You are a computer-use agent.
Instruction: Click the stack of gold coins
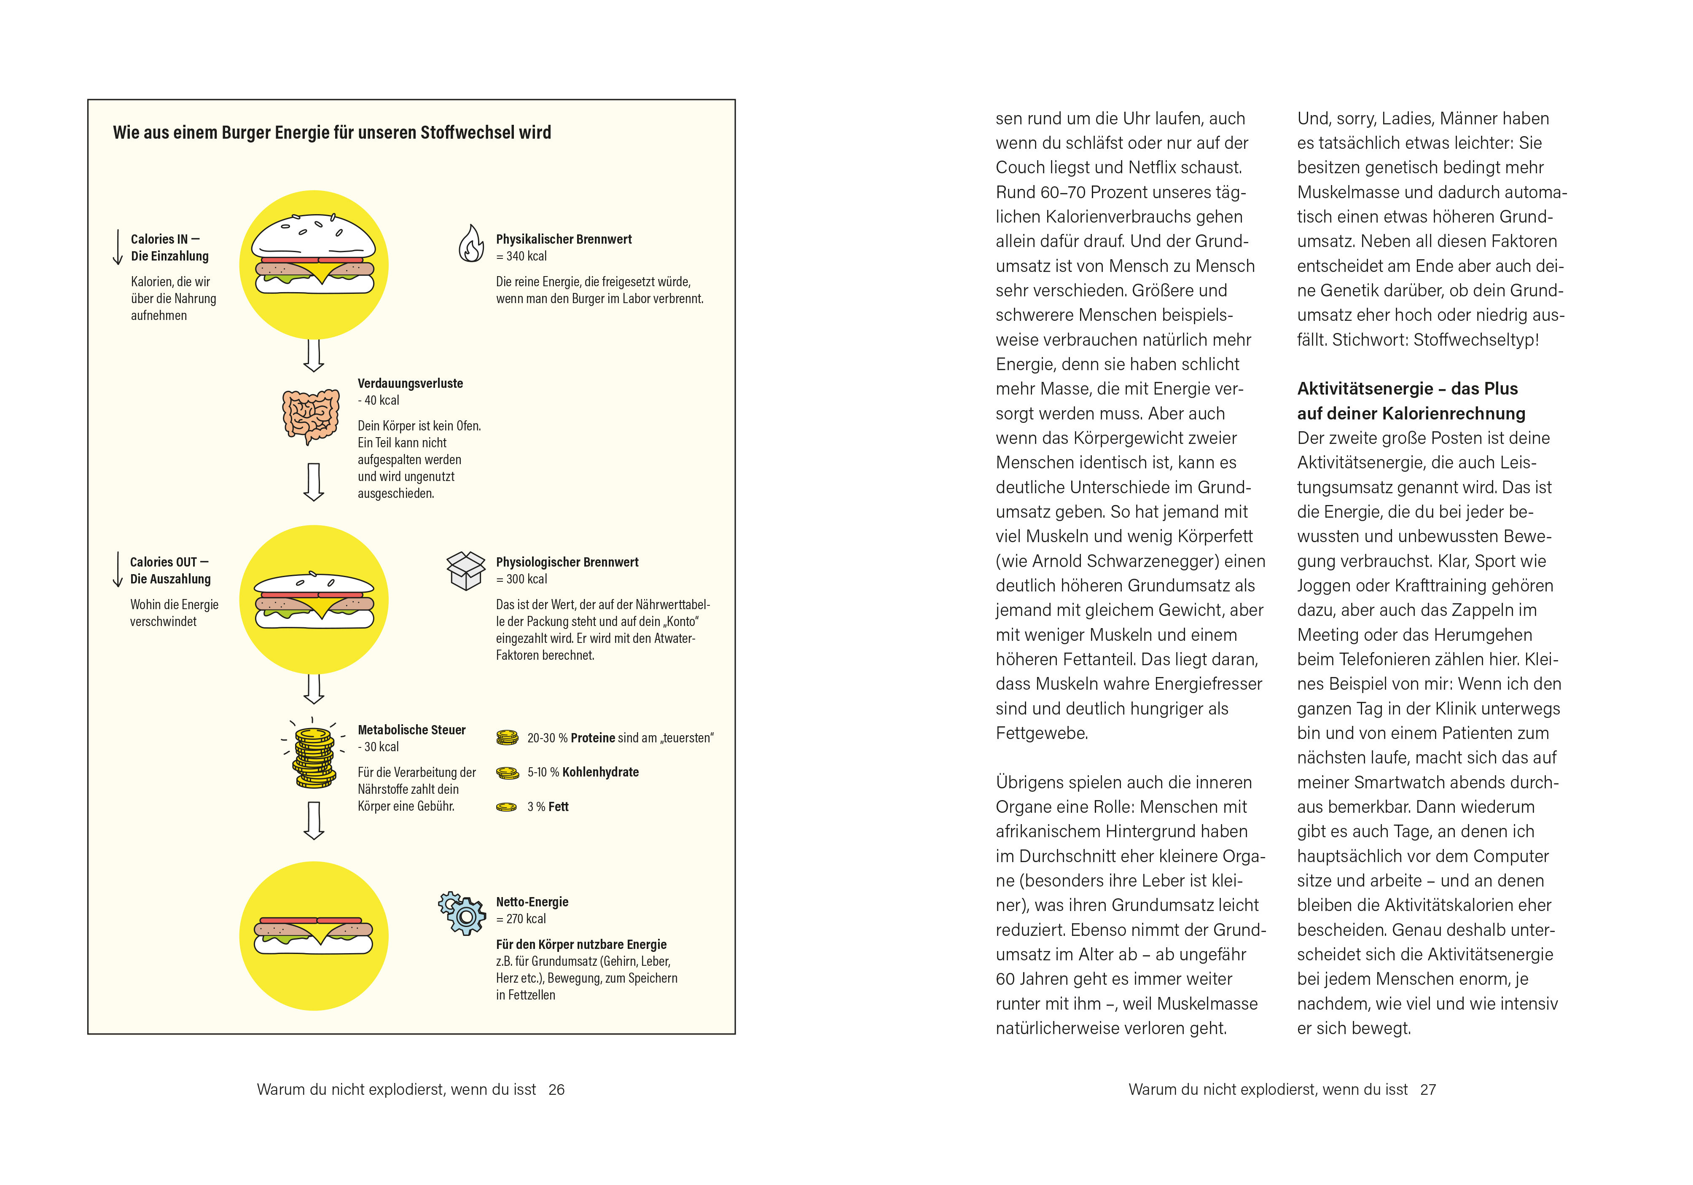(314, 757)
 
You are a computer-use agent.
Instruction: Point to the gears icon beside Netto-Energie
(462, 913)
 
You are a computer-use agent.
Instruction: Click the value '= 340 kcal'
(521, 257)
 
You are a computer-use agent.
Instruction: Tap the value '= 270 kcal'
(521, 919)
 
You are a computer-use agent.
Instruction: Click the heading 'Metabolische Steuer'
(411, 730)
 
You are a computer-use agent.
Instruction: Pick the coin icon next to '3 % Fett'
(507, 807)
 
